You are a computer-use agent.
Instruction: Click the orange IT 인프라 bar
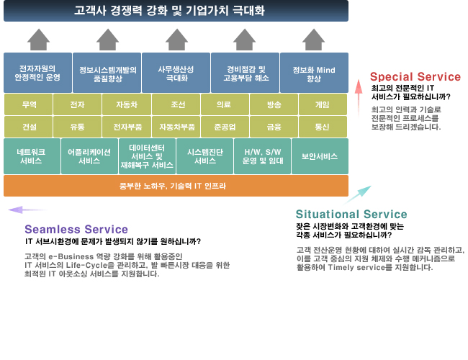coord(176,186)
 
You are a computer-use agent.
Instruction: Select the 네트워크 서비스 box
coord(32,156)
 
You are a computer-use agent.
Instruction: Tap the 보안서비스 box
coord(320,156)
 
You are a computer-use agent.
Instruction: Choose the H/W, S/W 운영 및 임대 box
coord(262,156)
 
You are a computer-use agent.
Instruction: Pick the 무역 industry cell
coord(28,104)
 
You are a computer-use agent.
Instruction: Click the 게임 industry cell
coord(323,104)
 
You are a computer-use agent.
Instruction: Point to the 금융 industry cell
coord(274,127)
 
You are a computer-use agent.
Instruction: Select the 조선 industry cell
coord(176,104)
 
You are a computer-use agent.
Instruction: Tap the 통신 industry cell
coord(323,127)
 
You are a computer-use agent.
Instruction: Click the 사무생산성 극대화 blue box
coord(176,73)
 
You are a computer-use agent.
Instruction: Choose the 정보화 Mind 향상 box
coord(315,73)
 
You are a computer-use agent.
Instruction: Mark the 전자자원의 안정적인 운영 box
coord(37,73)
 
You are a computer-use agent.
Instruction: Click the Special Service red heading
coord(415,77)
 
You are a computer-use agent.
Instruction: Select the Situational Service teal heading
coord(351,215)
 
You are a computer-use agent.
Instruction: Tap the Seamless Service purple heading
coord(76,229)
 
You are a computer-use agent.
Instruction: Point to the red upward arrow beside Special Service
coord(359,98)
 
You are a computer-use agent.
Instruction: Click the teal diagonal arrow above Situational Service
coord(357,195)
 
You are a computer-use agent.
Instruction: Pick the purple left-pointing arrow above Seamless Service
coord(27,210)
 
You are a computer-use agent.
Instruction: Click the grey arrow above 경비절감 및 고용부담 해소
coord(245,40)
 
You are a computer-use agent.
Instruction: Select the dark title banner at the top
coord(176,11)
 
